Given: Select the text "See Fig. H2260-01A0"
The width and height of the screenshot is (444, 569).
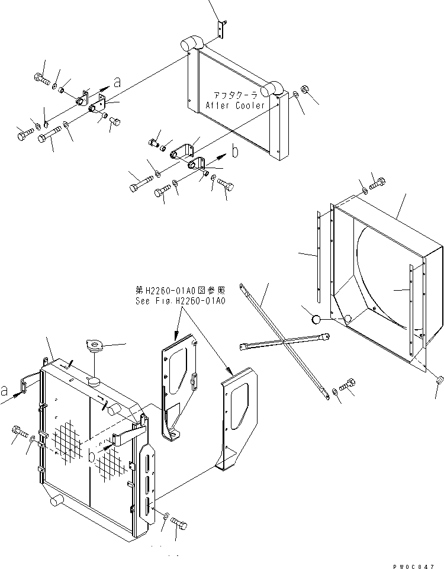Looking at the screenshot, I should [180, 300].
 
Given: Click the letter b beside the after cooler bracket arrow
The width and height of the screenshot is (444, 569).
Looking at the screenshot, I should [235, 152].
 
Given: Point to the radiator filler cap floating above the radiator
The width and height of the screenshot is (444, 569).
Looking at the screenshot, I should [95, 346].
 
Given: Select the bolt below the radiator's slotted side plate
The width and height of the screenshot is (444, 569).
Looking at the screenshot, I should [179, 523].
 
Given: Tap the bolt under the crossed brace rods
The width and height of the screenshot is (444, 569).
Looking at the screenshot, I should [346, 385].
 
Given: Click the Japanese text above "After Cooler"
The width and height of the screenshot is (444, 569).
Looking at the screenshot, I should [237, 95].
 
